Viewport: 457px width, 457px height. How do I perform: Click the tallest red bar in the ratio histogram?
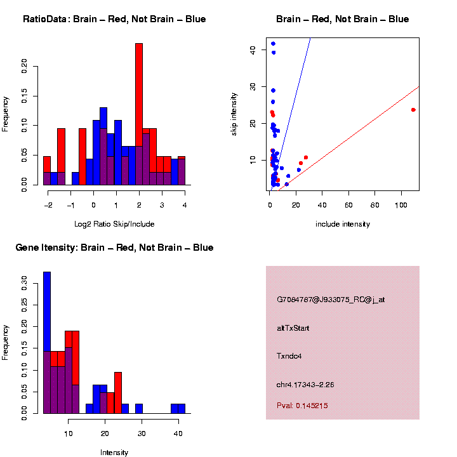pos(139,114)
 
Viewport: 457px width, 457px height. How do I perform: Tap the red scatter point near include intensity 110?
pos(413,110)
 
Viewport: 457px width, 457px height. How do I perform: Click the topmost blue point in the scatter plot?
pos(273,44)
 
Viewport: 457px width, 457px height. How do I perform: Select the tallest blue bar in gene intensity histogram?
pos(47,343)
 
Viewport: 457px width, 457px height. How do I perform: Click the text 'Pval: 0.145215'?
pos(302,406)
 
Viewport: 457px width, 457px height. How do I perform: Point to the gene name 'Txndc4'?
pos(289,356)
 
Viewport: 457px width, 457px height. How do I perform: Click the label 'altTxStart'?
pos(293,328)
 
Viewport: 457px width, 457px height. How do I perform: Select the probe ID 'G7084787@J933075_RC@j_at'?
pos(331,300)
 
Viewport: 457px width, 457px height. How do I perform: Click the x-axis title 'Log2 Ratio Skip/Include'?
pos(114,224)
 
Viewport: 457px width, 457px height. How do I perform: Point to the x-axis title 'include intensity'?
pos(343,224)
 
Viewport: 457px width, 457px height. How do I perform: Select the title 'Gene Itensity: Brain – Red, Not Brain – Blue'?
pos(114,248)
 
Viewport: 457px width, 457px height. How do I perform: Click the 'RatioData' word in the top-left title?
pos(44,19)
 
